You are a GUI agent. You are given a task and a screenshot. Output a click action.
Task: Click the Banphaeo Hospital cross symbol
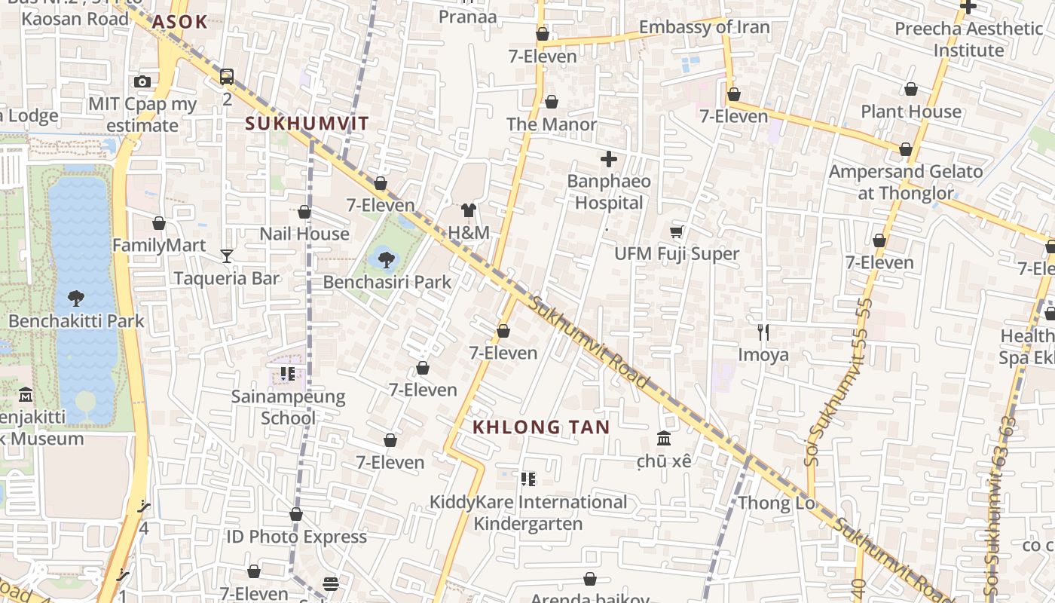(x=608, y=159)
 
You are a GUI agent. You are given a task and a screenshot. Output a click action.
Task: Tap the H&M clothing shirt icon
(x=469, y=210)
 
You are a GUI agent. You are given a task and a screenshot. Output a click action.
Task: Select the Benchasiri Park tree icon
(x=387, y=260)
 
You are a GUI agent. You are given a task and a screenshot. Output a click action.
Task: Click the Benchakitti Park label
(x=76, y=321)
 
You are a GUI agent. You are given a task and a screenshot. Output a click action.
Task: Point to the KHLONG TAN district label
(x=541, y=427)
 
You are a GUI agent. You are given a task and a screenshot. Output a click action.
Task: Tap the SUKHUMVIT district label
(x=307, y=124)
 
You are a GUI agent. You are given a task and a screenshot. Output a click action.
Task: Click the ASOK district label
(x=179, y=22)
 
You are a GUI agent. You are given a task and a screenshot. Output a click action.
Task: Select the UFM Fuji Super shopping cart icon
(x=677, y=231)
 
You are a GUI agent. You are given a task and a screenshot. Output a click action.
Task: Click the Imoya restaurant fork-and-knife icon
(x=763, y=332)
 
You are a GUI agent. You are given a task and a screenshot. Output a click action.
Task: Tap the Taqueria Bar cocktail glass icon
(x=227, y=256)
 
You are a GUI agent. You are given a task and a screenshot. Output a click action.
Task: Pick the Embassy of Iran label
(x=704, y=28)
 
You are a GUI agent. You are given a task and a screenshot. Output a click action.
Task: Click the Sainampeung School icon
(x=287, y=374)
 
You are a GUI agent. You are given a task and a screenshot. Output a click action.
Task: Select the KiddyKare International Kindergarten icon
(x=527, y=479)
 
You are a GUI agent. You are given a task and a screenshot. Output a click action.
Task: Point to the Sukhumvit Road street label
(x=589, y=343)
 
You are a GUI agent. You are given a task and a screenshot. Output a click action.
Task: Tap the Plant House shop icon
(x=910, y=90)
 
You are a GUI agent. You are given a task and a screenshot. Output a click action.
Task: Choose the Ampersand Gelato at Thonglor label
(x=906, y=182)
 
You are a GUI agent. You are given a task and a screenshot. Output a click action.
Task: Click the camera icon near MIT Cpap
(x=142, y=81)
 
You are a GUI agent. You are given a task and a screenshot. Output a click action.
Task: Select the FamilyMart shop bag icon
(x=159, y=223)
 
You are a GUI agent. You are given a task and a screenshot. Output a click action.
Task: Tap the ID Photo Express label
(x=297, y=537)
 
